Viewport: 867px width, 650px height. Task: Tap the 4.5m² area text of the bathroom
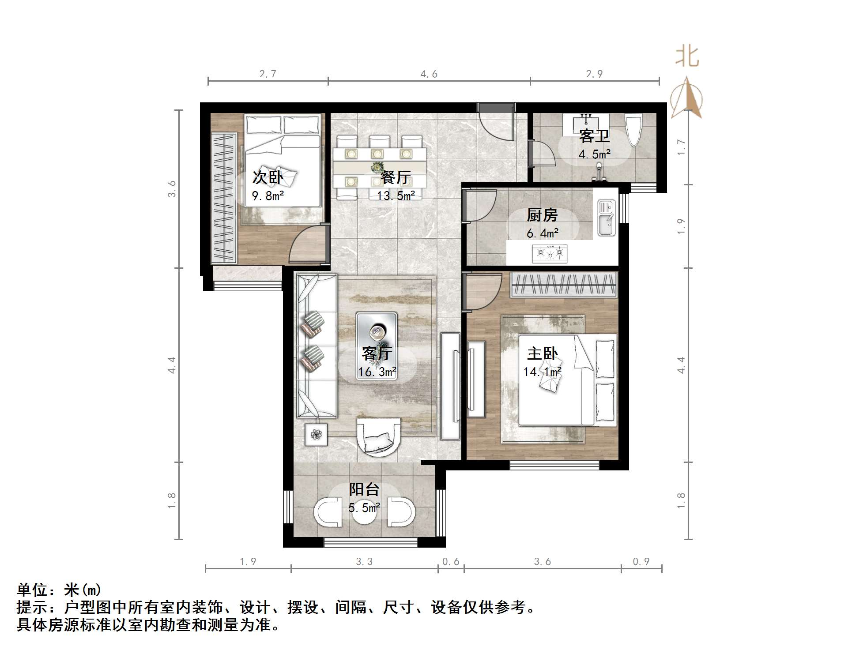pyautogui.click(x=594, y=154)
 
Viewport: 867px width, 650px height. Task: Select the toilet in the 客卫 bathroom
pyautogui.click(x=634, y=129)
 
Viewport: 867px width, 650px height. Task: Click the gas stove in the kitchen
pyautogui.click(x=549, y=253)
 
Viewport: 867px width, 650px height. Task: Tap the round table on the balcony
pyautogui.click(x=364, y=512)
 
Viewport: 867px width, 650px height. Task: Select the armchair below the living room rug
pyautogui.click(x=379, y=436)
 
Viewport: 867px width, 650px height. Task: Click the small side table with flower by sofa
pyautogui.click(x=316, y=435)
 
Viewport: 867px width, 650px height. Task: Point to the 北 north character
pyautogui.click(x=686, y=56)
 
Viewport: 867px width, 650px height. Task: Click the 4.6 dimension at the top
pyautogui.click(x=429, y=74)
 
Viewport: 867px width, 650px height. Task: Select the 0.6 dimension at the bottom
pyautogui.click(x=451, y=561)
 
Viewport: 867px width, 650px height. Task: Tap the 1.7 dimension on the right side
pyautogui.click(x=681, y=147)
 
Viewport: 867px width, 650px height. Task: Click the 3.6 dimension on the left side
pyautogui.click(x=172, y=188)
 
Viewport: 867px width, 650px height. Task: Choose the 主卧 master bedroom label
pyautogui.click(x=543, y=353)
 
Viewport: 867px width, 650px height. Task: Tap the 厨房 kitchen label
pyautogui.click(x=542, y=215)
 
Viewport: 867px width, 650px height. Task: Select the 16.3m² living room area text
pyautogui.click(x=377, y=372)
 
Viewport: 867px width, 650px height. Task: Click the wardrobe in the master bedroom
pyautogui.click(x=564, y=284)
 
